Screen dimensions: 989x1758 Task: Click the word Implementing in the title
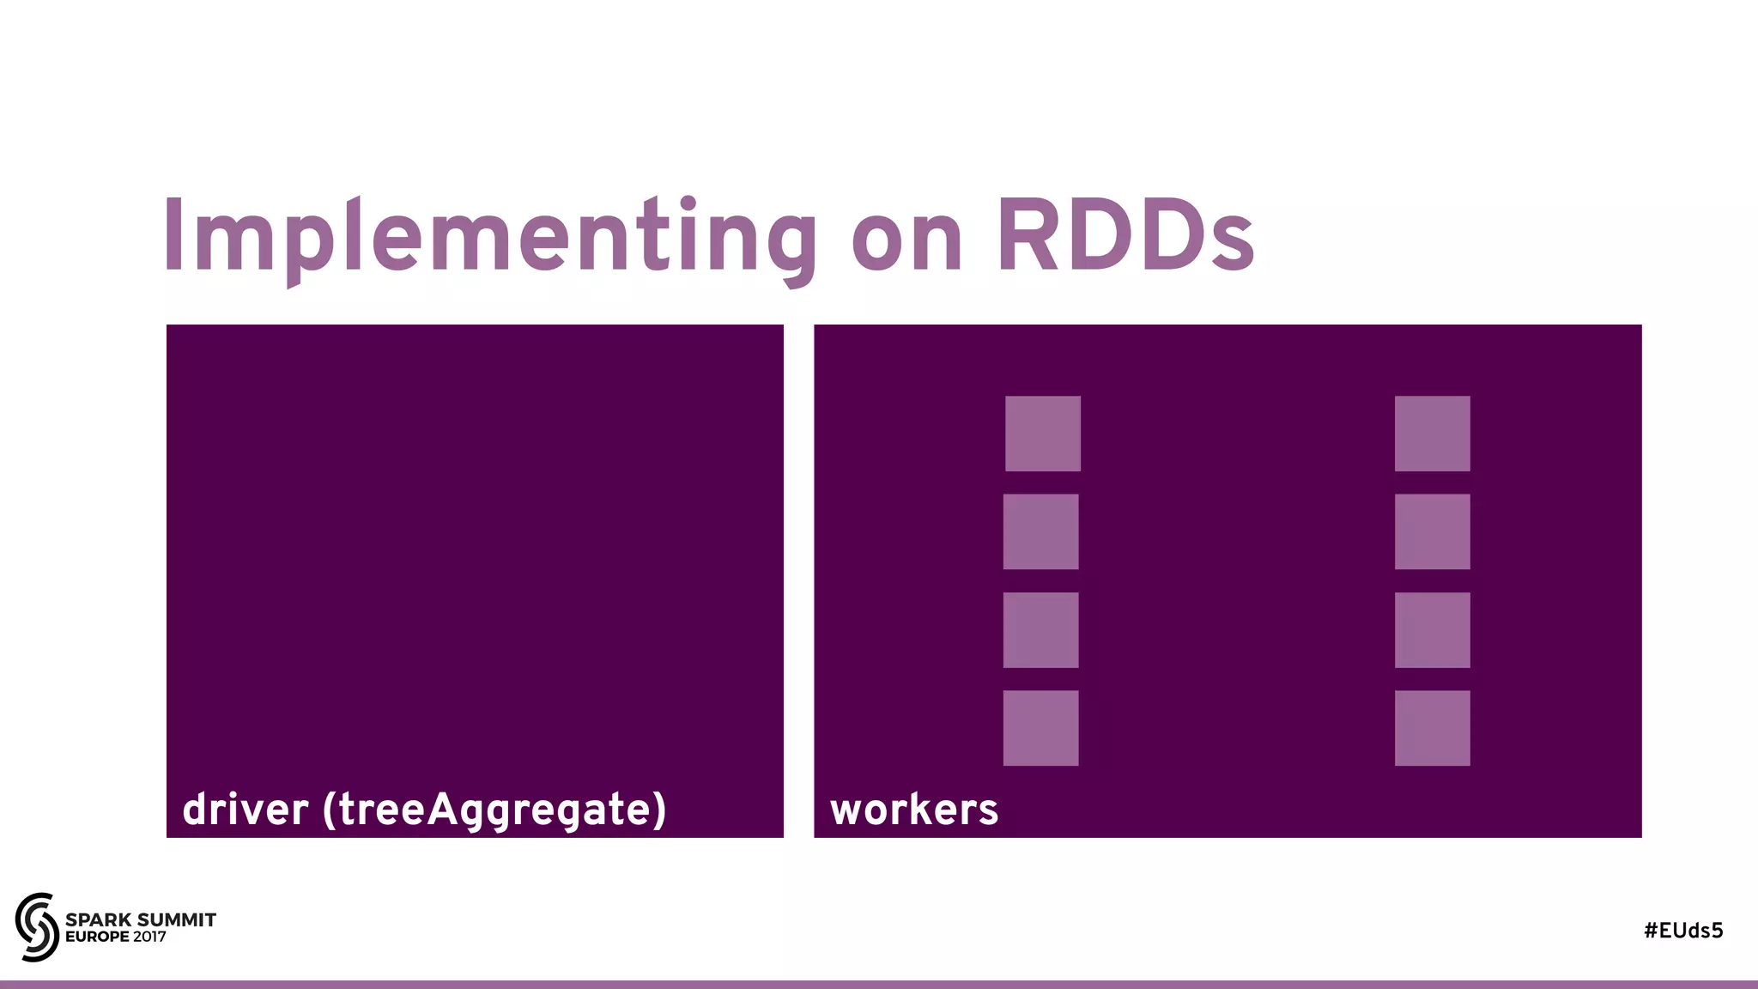[x=489, y=236]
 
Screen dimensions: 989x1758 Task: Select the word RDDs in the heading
[x=1125, y=236]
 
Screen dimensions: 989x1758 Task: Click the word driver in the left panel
[x=246, y=810]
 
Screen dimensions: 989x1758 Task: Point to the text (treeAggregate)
[x=494, y=810]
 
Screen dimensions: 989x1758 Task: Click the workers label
[x=914, y=810]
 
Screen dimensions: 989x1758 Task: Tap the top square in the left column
[x=1043, y=434]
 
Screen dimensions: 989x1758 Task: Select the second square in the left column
[x=1041, y=531]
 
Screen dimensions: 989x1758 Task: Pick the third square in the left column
[x=1041, y=630]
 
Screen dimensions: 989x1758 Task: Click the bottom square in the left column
[x=1041, y=728]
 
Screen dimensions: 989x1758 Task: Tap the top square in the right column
[x=1433, y=434]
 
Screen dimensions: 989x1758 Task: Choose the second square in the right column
[x=1433, y=531]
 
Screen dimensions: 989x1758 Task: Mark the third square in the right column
[x=1433, y=630]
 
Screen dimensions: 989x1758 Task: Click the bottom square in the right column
[x=1433, y=728]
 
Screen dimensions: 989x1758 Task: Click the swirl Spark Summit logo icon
[x=37, y=927]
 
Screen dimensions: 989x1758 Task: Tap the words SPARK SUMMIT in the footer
[x=141, y=919]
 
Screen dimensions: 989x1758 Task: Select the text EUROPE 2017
[x=116, y=937]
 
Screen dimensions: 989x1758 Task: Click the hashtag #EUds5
[x=1683, y=931]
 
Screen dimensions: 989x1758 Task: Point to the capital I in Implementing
[x=173, y=236]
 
